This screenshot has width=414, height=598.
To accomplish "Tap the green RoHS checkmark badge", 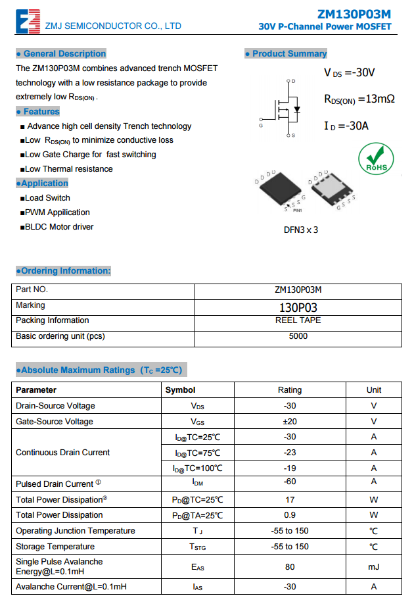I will [377, 159].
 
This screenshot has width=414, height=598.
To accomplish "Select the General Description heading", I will [61, 54].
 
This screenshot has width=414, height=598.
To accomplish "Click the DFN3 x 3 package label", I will [301, 230].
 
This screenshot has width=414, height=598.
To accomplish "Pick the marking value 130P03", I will [298, 307].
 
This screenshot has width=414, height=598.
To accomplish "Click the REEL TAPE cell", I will [298, 320].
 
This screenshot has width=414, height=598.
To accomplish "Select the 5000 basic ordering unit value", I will [298, 336].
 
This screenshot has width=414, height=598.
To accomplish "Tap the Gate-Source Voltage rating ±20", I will [290, 422].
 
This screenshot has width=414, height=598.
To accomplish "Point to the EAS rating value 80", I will [290, 566].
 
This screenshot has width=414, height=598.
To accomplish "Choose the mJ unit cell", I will [373, 566].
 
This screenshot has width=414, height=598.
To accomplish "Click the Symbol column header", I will [180, 390].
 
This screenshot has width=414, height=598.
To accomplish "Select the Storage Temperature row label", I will [55, 547].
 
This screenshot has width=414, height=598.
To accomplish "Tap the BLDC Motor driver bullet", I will [59, 227].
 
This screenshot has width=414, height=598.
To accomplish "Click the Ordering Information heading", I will [64, 271].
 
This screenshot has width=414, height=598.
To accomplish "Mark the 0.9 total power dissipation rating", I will [290, 515].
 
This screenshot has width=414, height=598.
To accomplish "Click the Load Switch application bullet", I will [47, 198].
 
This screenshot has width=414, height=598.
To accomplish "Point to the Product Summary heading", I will [287, 54].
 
